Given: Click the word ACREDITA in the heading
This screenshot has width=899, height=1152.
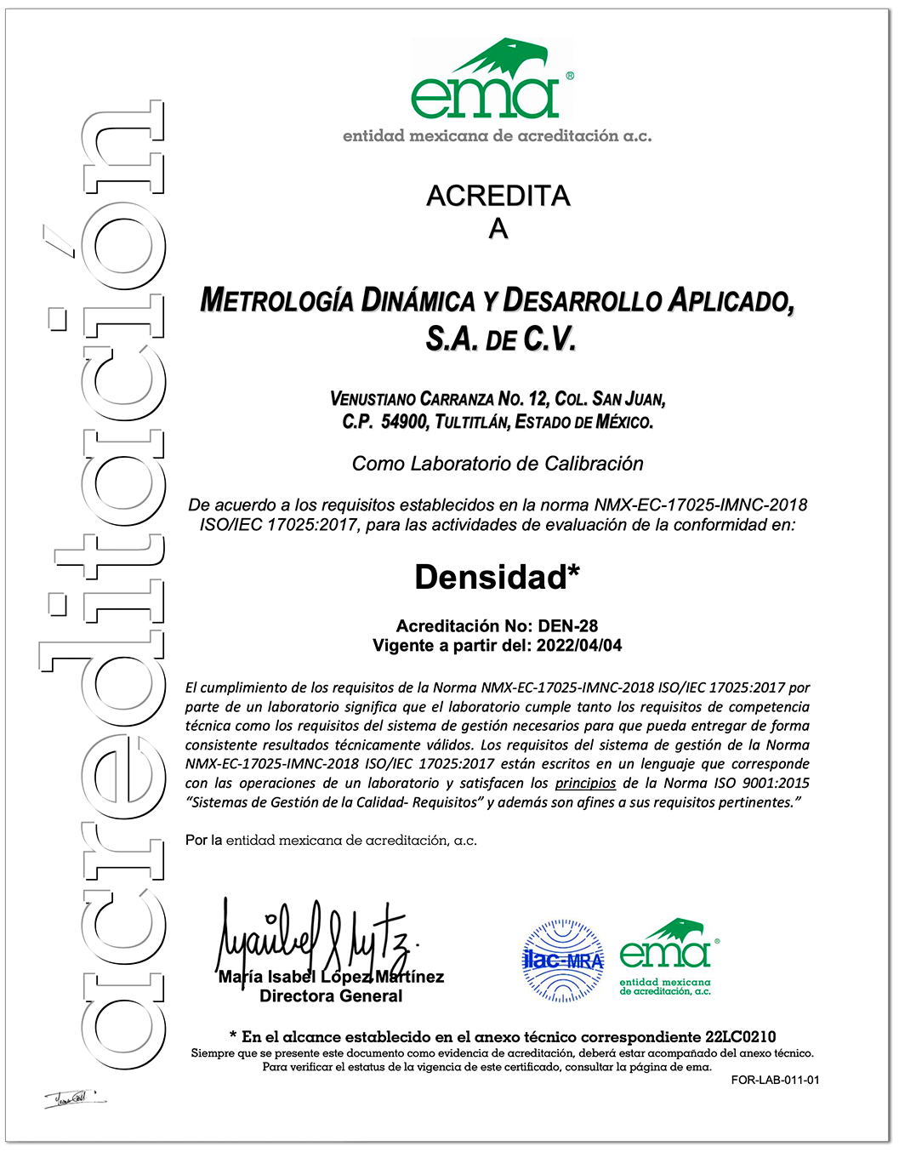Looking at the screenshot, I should tap(498, 196).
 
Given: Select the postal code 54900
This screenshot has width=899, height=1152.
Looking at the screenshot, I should tap(403, 422).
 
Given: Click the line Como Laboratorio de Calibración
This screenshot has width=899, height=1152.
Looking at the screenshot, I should tap(498, 464).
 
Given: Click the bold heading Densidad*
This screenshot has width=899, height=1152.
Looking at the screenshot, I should tap(498, 578).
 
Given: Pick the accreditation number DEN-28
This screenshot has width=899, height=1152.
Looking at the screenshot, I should tap(568, 626).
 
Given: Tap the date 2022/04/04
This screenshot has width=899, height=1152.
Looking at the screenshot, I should tap(578, 646).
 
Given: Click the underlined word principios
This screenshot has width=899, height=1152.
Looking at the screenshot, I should tap(585, 783).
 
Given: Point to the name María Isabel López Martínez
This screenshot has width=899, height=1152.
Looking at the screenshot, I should tap(331, 977).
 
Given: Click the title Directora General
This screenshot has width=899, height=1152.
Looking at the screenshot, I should tap(331, 996).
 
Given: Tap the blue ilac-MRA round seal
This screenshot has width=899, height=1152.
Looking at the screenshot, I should tap(562, 961).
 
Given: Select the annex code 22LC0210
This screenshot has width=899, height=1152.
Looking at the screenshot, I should tap(740, 1037).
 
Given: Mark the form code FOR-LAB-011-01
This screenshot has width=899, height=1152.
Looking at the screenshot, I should tap(775, 1081).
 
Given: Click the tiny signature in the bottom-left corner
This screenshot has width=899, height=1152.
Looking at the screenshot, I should tap(75, 1098).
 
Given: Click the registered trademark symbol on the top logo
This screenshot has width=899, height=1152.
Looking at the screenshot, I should tap(569, 76).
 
